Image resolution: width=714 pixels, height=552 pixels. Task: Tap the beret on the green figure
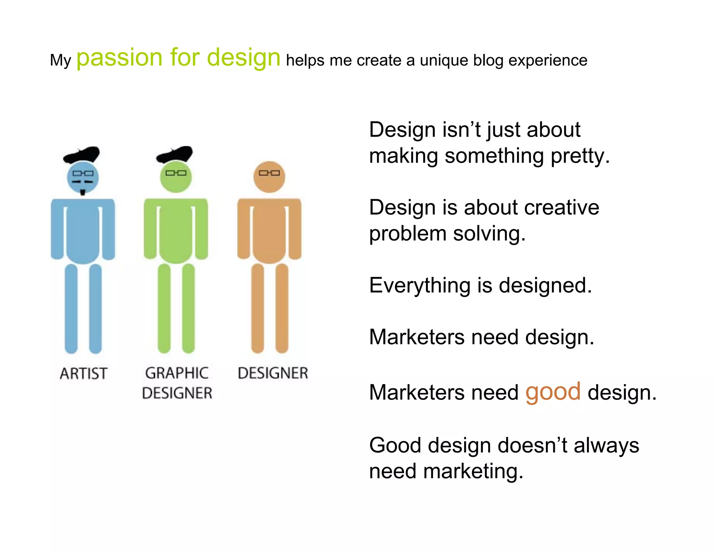click(175, 155)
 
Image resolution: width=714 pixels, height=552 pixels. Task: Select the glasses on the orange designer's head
click(269, 173)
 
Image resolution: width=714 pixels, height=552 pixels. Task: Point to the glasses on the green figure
click(176, 173)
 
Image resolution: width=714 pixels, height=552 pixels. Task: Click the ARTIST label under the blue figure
click(83, 374)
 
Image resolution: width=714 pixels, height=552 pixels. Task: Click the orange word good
click(553, 392)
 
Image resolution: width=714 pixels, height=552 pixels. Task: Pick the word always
click(606, 446)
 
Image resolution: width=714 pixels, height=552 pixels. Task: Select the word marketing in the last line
click(473, 471)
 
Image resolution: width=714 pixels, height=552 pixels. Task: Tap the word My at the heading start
click(60, 60)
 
